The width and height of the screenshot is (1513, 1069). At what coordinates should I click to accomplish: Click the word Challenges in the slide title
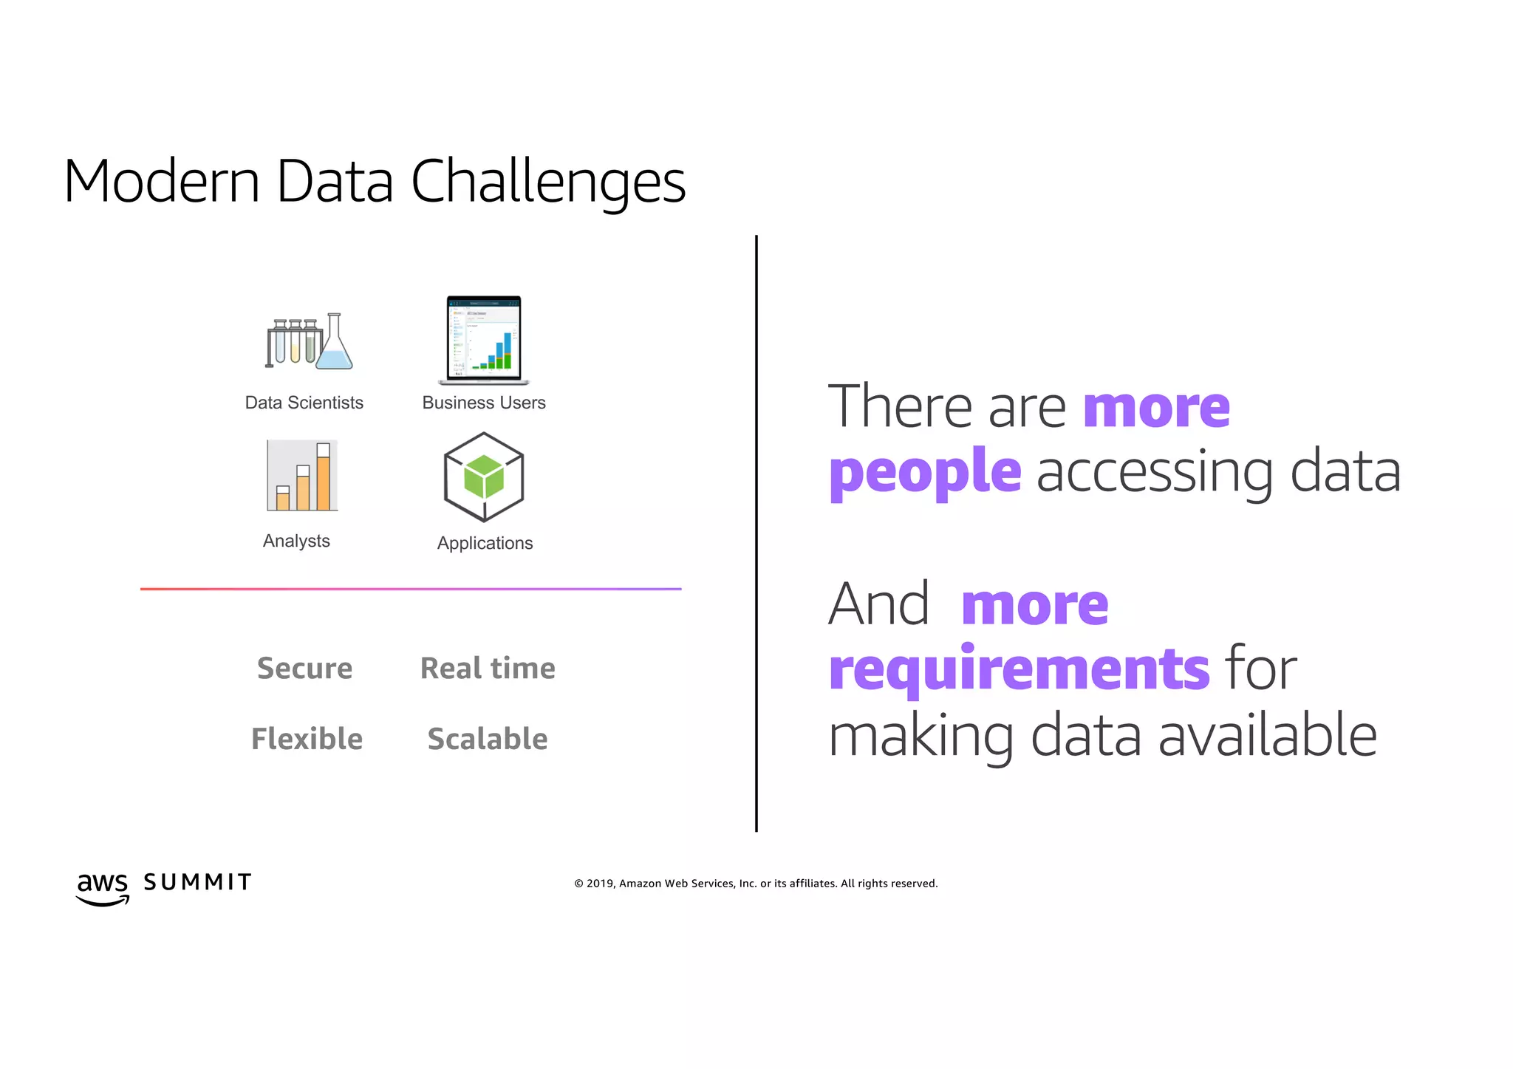click(547, 182)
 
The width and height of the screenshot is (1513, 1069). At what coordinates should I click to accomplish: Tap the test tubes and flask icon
click(309, 342)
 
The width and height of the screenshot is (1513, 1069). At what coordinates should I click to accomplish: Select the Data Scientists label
click(304, 403)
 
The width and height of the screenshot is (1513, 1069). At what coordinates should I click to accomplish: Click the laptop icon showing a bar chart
click(484, 341)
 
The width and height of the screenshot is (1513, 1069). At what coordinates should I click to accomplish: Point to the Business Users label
click(484, 403)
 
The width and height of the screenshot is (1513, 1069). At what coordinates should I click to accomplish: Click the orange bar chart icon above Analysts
click(302, 476)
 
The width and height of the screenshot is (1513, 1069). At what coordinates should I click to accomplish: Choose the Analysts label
click(296, 541)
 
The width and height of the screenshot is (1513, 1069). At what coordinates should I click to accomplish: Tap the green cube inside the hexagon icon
click(484, 477)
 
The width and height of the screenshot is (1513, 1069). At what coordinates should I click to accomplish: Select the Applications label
click(485, 543)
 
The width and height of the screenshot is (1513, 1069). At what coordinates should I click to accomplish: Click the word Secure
click(304, 668)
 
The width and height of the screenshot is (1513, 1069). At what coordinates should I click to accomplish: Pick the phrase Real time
click(488, 668)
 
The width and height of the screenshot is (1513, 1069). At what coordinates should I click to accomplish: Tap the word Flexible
click(307, 739)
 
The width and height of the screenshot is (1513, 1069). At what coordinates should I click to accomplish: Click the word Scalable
click(488, 739)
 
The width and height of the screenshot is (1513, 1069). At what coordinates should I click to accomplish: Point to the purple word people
click(925, 473)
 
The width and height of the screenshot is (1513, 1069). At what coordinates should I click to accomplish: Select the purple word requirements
click(1019, 669)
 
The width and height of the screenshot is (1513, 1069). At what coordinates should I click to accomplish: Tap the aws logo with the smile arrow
click(103, 887)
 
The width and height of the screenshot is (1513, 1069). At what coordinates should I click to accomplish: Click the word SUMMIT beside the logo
click(197, 882)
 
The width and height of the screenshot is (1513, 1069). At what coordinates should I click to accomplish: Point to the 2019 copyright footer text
click(756, 884)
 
